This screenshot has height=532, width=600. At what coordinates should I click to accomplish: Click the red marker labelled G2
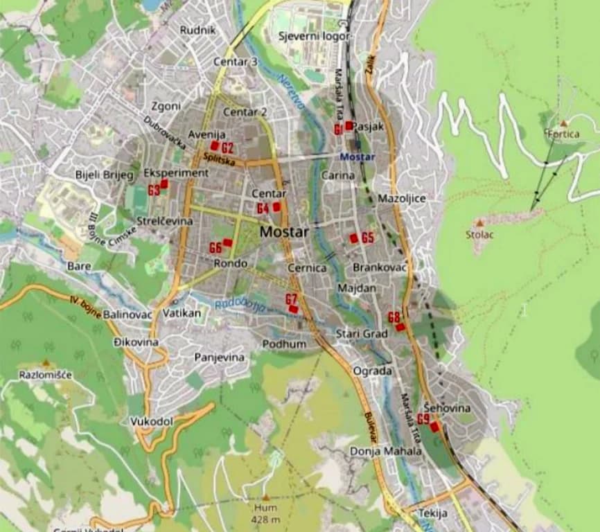215,146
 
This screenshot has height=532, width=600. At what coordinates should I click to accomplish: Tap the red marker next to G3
164,184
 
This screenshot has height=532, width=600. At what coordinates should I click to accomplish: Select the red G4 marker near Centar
276,206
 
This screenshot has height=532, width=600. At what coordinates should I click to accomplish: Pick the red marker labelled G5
353,238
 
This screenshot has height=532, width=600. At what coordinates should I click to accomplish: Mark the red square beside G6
227,242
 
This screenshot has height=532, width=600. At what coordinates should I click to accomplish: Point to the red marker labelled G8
400,326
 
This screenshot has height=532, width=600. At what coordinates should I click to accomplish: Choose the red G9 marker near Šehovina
434,427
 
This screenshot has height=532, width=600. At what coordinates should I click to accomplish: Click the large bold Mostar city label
284,232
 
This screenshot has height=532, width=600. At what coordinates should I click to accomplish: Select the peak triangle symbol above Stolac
479,223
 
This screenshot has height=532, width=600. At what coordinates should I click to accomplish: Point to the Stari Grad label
362,334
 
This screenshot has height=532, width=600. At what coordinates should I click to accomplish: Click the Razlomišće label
45,375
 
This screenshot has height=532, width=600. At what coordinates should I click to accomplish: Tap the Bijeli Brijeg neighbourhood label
104,175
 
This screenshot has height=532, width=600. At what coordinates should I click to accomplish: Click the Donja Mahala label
386,451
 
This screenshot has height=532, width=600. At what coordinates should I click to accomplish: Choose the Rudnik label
198,30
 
